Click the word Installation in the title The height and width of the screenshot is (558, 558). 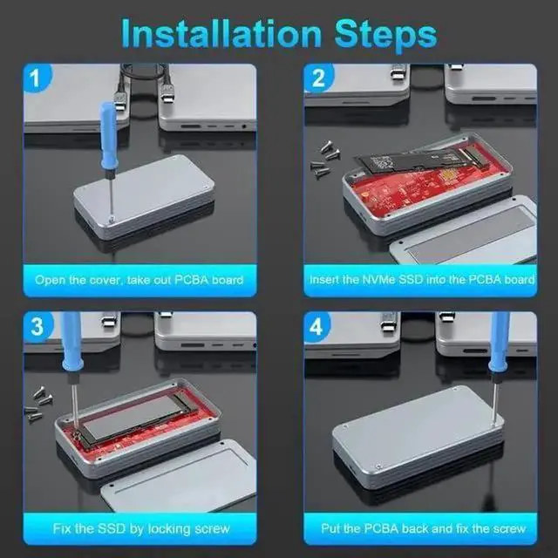(x=221, y=33)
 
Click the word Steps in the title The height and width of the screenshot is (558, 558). (x=385, y=36)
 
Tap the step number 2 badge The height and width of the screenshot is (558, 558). (x=317, y=78)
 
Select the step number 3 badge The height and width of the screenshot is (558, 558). (x=37, y=327)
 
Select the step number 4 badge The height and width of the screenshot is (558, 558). (x=316, y=327)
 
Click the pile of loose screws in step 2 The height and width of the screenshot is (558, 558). (x=325, y=160)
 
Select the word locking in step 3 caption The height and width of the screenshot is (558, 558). (x=168, y=529)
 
